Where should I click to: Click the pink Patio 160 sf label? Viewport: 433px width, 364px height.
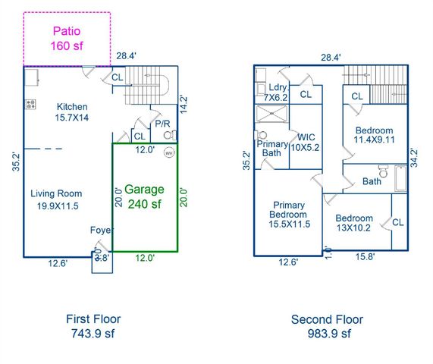[67, 39]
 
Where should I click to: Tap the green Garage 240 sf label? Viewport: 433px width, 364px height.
[145, 196]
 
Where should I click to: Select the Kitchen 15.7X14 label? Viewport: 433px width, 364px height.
[72, 112]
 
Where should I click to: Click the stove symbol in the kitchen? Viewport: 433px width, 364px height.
[31, 105]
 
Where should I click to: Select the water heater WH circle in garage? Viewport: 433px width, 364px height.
[168, 152]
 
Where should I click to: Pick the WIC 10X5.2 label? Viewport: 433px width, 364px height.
[306, 142]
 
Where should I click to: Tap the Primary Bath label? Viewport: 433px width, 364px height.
[271, 149]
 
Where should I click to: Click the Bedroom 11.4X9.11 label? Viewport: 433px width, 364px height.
[374, 135]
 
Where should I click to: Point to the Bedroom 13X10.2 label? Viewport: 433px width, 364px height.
[355, 224]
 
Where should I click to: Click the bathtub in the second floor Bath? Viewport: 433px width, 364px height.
[400, 178]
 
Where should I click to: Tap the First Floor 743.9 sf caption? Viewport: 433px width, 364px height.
[93, 326]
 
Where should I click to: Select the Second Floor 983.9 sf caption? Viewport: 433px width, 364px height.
[327, 326]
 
